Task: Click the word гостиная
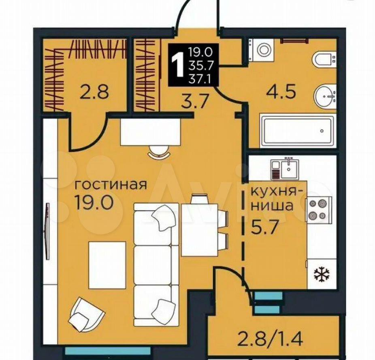pyautogui.click(x=111, y=184)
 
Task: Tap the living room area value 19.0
pyautogui.click(x=94, y=202)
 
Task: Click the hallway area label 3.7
pyautogui.click(x=194, y=102)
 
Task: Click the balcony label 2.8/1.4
pyautogui.click(x=270, y=338)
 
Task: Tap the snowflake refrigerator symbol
pyautogui.click(x=322, y=274)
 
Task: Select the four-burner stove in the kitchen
pyautogui.click(x=319, y=210)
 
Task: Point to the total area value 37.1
pyautogui.click(x=200, y=78)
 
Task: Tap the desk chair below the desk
pyautogui.click(x=159, y=152)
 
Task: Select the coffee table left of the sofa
pyautogui.click(x=107, y=265)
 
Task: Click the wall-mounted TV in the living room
pyautogui.click(x=48, y=231)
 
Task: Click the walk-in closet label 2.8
pyautogui.click(x=95, y=92)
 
